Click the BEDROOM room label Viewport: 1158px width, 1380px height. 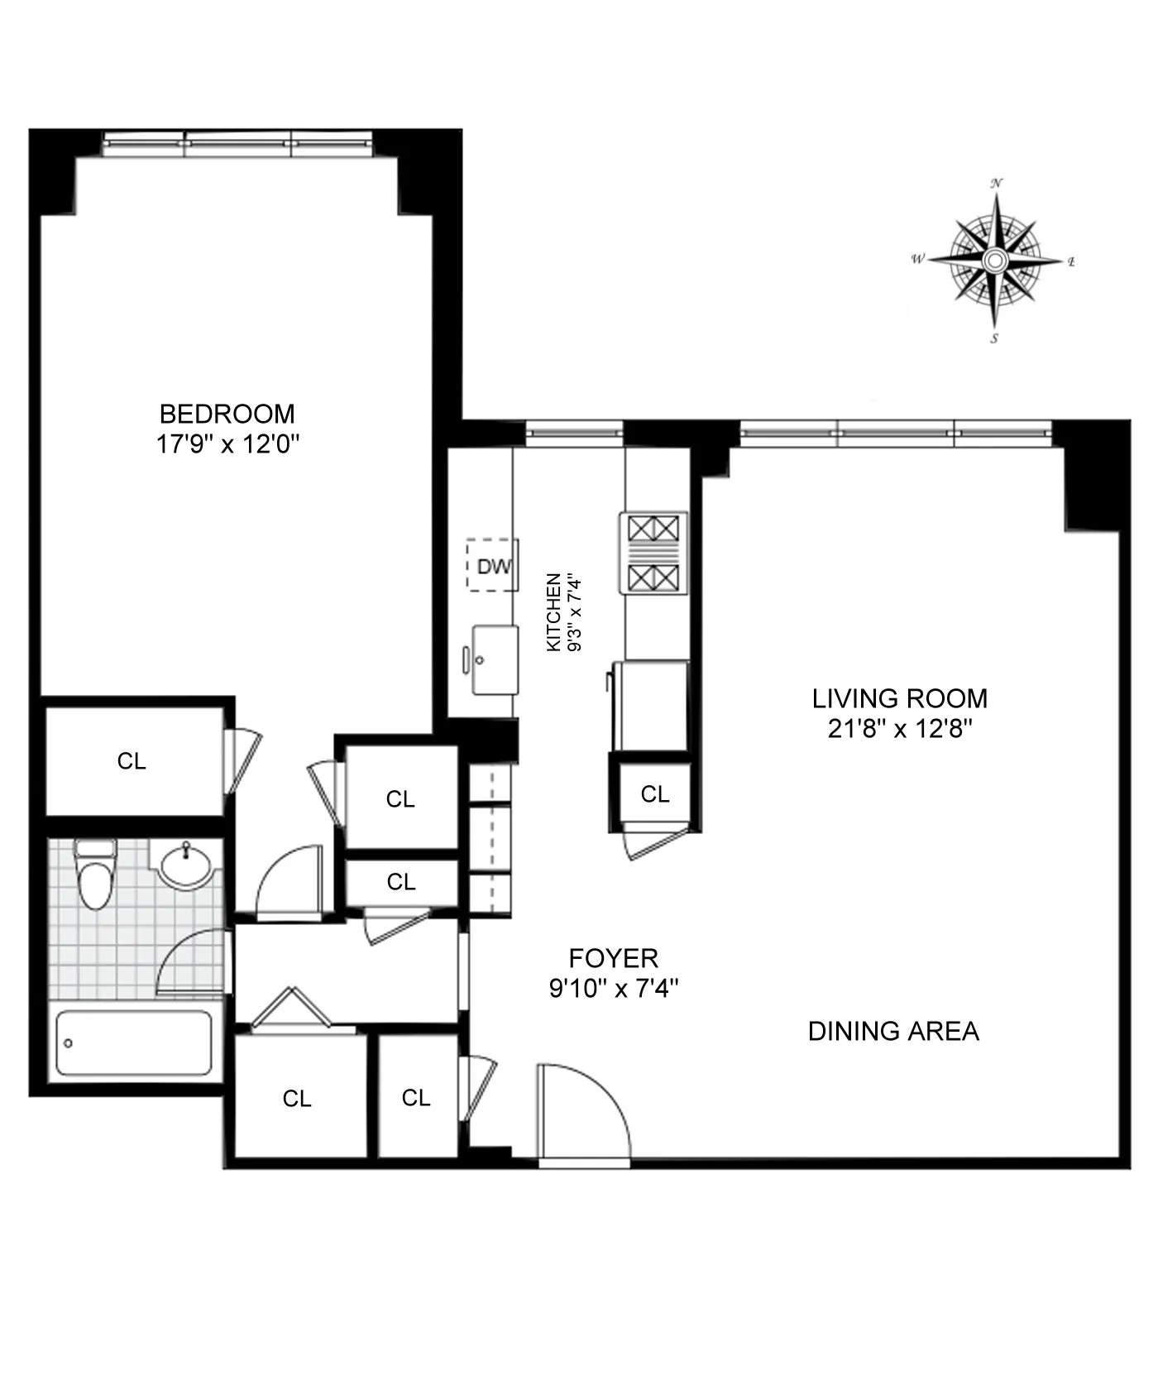pyautogui.click(x=227, y=414)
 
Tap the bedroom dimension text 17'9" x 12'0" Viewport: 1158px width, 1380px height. pyautogui.click(x=227, y=445)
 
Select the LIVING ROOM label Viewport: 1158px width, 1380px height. pyautogui.click(x=899, y=698)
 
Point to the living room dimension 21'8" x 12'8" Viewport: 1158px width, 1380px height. pyautogui.click(x=899, y=729)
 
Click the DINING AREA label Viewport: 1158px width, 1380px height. pyautogui.click(x=893, y=1031)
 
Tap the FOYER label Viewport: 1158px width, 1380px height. pyautogui.click(x=613, y=958)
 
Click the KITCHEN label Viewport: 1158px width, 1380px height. pyautogui.click(x=554, y=612)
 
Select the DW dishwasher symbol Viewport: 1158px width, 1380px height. pyautogui.click(x=493, y=566)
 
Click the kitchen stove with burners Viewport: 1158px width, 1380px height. pyautogui.click(x=653, y=552)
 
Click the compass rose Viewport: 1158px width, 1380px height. pyautogui.click(x=995, y=261)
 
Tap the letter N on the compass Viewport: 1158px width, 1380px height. pyautogui.click(x=998, y=184)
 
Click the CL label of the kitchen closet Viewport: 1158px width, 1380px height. pyautogui.click(x=654, y=794)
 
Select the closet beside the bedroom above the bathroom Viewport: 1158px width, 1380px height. pyautogui.click(x=132, y=760)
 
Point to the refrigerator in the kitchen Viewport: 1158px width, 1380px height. pyautogui.click(x=650, y=705)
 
